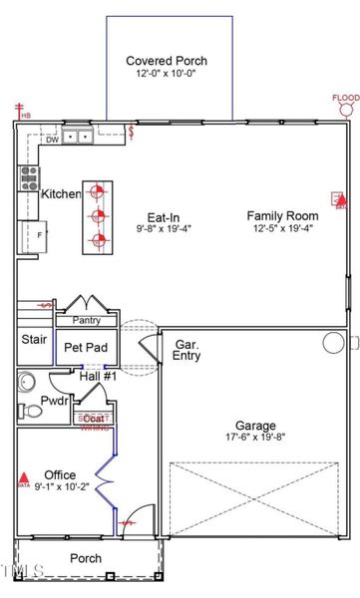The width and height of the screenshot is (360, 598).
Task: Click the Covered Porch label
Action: click(168, 60)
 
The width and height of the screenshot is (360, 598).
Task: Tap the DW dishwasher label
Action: click(52, 141)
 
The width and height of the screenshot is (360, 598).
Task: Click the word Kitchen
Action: click(61, 194)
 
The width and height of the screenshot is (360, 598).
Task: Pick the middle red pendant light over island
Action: click(98, 214)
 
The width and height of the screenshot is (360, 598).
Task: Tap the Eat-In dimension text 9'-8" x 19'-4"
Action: click(163, 228)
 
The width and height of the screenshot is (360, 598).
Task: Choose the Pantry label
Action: click(86, 320)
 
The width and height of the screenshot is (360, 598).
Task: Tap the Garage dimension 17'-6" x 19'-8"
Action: click(254, 437)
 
